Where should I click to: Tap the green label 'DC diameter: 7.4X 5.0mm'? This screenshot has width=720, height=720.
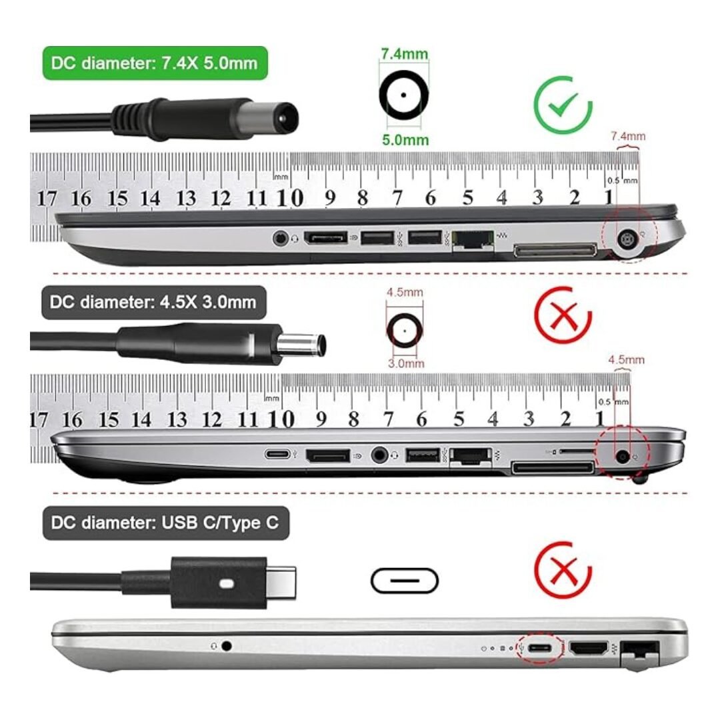click(x=155, y=63)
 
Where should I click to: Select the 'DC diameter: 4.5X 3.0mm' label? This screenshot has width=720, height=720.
click(x=154, y=302)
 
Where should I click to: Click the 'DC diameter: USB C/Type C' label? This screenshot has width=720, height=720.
click(x=165, y=523)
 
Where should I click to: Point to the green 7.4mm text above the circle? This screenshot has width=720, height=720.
click(x=404, y=54)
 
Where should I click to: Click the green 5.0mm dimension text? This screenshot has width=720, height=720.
click(x=405, y=139)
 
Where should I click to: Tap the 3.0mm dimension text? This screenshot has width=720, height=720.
click(x=406, y=364)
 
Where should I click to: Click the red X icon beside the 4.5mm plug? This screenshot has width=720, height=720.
click(x=563, y=315)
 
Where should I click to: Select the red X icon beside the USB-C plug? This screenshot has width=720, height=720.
click(x=563, y=570)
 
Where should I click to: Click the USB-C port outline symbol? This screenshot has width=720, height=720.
click(x=405, y=581)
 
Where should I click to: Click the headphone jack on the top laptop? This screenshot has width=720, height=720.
click(x=280, y=238)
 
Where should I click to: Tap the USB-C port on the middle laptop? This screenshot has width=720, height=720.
click(x=278, y=454)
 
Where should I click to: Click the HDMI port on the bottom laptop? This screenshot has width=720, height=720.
click(x=589, y=648)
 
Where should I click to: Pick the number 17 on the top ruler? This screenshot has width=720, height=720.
click(x=47, y=199)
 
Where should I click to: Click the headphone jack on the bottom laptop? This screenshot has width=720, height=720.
click(x=226, y=646)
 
